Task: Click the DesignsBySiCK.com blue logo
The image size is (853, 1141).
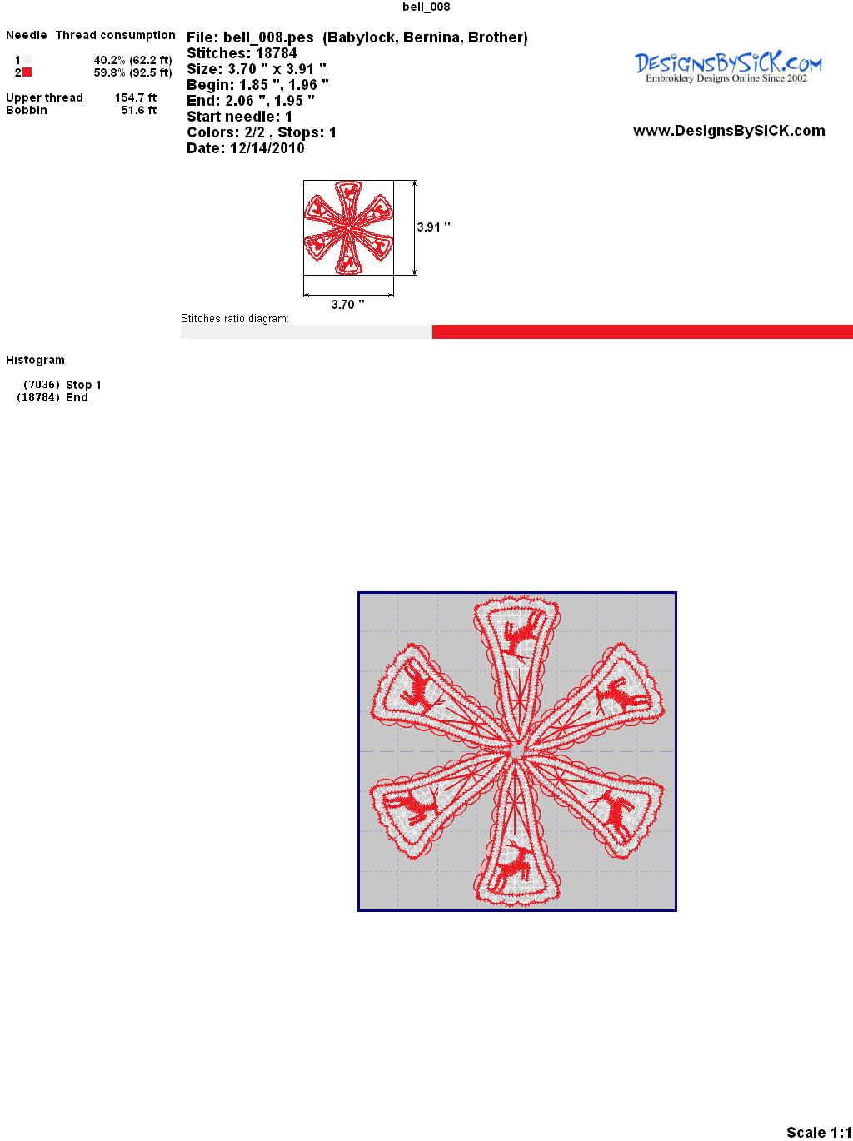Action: point(728,67)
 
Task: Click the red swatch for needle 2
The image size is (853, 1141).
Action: point(27,72)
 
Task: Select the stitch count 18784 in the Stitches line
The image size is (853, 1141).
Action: point(277,53)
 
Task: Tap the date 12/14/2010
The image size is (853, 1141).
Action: point(267,148)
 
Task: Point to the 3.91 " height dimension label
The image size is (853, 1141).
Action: point(433,227)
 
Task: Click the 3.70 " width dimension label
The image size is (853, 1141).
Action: point(347,305)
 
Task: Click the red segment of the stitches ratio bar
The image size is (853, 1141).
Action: point(642,331)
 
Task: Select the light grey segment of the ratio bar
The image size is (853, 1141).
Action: point(307,331)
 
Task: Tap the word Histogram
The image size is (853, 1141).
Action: point(35,360)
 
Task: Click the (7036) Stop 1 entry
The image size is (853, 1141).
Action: point(62,385)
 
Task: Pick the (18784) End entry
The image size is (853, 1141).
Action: point(52,397)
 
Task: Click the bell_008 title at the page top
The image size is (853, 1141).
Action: point(426,7)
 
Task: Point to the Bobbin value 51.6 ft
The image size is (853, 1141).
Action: point(139,110)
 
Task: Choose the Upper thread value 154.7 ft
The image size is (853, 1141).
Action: point(136,97)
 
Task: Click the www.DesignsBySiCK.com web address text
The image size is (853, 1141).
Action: point(729,131)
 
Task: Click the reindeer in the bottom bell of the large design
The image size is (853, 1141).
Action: point(515,865)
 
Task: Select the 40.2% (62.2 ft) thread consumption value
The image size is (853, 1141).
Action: point(132,60)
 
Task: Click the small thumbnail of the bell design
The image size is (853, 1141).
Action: point(348,227)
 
